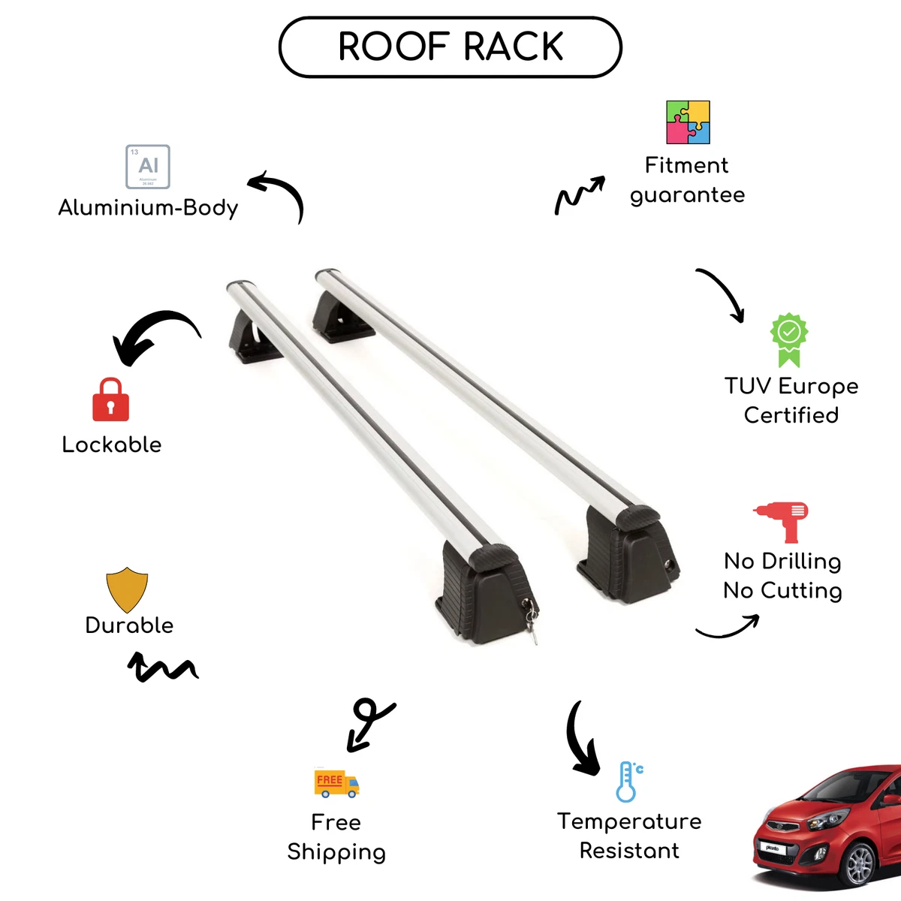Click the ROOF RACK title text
point(450,47)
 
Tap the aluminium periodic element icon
point(148,167)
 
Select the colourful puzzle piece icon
point(688,122)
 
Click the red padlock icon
point(111,399)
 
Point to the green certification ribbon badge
point(789,340)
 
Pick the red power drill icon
point(781,523)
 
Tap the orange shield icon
point(127,589)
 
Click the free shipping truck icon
point(336,784)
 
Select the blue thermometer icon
point(629,782)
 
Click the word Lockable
point(112,444)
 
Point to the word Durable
point(129,625)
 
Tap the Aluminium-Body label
point(148,207)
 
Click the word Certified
point(791,415)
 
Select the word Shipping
point(336,852)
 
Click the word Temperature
point(629,822)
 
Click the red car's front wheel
point(859,866)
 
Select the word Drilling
point(801,562)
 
